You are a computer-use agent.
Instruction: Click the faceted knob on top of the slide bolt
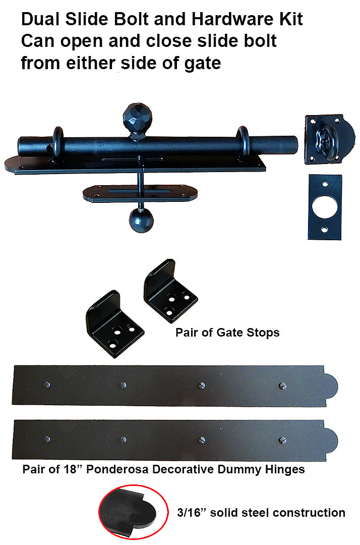[138, 117]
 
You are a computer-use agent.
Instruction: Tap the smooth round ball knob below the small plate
[141, 221]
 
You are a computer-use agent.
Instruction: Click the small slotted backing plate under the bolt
[140, 193]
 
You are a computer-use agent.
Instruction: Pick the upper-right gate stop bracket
[170, 290]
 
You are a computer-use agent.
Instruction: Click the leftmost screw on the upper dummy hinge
[47, 385]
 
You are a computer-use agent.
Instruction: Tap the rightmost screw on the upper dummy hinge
[282, 385]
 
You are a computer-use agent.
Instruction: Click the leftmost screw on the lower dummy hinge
[47, 439]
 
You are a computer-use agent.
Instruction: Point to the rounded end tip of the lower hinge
[337, 441]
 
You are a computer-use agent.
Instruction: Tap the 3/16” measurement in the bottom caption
[192, 512]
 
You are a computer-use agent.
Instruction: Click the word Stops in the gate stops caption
[263, 333]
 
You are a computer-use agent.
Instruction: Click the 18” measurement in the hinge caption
[73, 469]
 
